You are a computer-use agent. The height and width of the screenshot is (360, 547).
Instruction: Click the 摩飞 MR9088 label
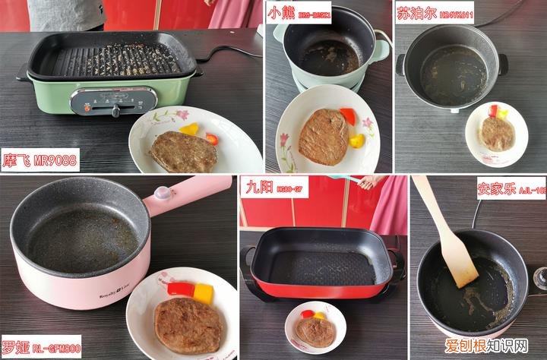(x=40, y=160)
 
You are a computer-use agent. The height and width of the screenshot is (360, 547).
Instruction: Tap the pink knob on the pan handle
(x=162, y=193)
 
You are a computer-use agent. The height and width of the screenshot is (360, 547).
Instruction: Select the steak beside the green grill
(x=183, y=151)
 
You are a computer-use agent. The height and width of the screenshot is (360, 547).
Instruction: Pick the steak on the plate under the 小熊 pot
(x=324, y=137)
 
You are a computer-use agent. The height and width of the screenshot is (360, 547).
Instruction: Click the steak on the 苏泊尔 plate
(x=497, y=133)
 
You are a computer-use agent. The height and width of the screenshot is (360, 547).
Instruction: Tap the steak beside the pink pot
(x=188, y=325)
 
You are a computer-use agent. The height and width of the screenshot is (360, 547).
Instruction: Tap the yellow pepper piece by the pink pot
(x=203, y=293)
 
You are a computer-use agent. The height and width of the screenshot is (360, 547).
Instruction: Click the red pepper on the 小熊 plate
(x=347, y=115)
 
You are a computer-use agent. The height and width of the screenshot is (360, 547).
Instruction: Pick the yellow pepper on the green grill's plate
(x=189, y=129)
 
